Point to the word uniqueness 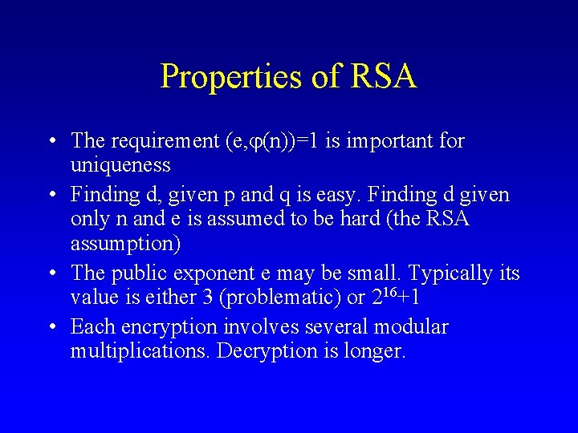coord(120,166)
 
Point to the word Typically coord(449,273)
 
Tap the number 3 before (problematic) coord(209,298)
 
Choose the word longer coord(372,352)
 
